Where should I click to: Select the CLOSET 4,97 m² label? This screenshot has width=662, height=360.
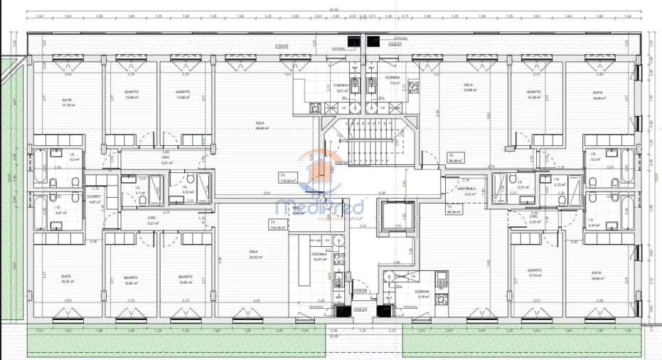[94, 198]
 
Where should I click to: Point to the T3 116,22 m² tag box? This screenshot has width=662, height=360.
[287, 179]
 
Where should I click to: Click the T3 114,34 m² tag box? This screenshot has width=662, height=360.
[277, 225]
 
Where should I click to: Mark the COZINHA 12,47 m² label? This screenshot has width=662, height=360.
[318, 256]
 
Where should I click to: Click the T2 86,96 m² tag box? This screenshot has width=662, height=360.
[455, 157]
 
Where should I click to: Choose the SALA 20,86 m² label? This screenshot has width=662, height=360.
[467, 88]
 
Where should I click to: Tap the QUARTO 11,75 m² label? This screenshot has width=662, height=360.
[534, 272]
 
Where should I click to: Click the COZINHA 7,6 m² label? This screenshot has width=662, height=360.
[393, 80]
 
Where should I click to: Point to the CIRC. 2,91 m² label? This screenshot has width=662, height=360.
[535, 219]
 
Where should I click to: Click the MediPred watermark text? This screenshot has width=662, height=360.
[319, 208]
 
